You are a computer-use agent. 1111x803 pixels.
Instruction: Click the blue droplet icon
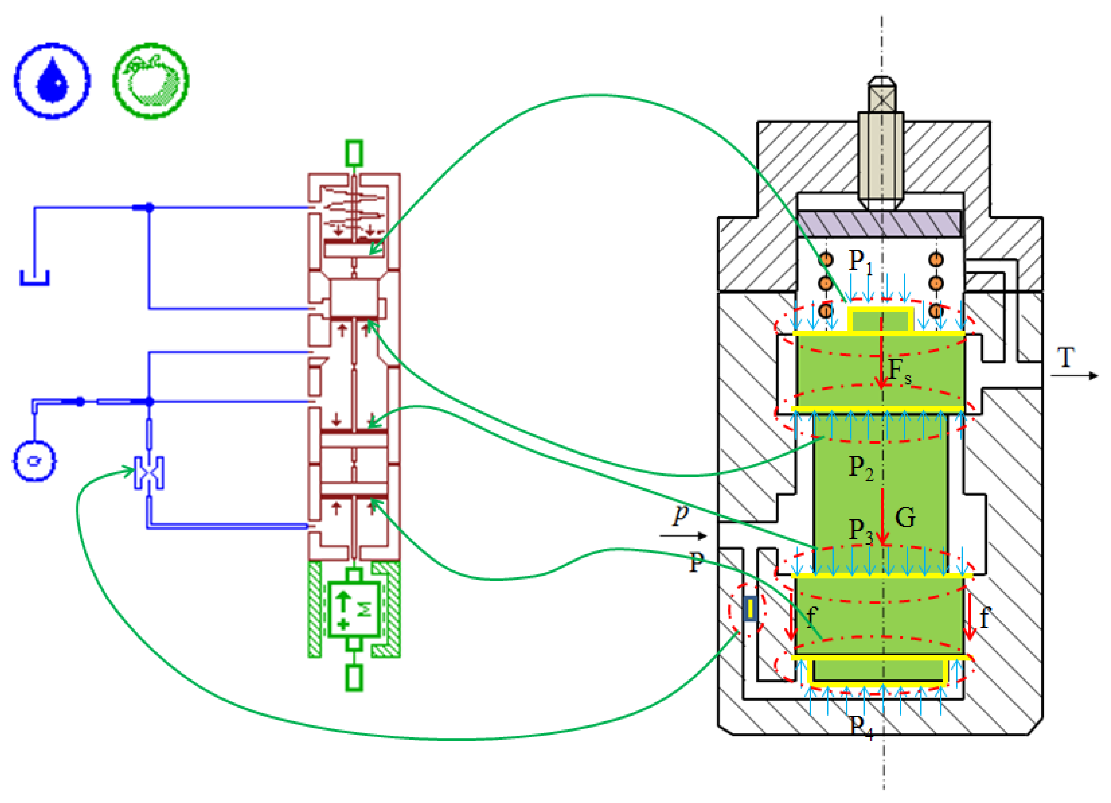tap(52, 81)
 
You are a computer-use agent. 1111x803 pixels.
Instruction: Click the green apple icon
tap(151, 81)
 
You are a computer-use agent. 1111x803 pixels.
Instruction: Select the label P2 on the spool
tap(861, 468)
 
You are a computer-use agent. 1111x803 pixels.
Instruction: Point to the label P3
tap(861, 531)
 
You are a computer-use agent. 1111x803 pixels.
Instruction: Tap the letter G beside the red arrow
tap(905, 518)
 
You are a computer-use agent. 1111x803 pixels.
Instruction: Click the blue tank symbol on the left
tap(34, 278)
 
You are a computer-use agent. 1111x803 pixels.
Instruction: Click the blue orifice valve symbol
tap(149, 473)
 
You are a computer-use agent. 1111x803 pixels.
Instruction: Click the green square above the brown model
tap(354, 153)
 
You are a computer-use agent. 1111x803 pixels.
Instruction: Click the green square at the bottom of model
tap(354, 678)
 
